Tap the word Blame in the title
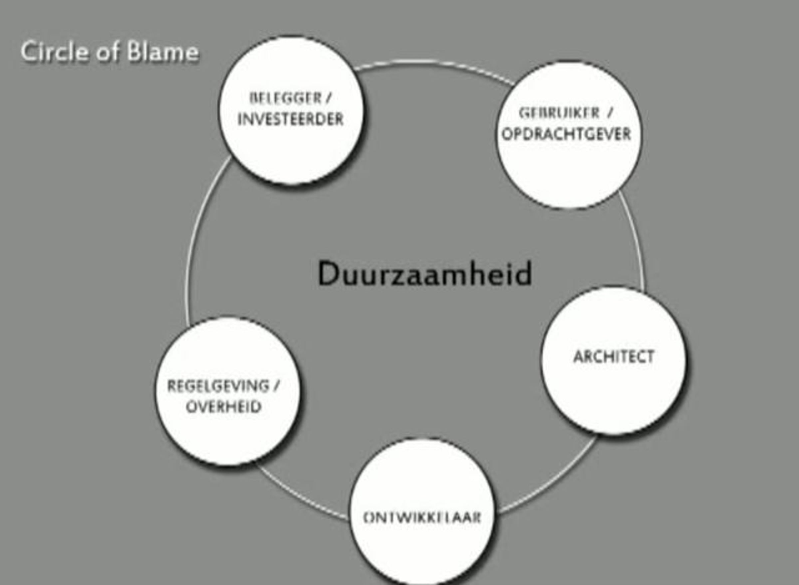pyautogui.click(x=163, y=52)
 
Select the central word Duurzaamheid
pyautogui.click(x=425, y=273)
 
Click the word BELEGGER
pyautogui.click(x=285, y=98)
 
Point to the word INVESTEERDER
pyautogui.click(x=290, y=119)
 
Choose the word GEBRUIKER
pyautogui.click(x=559, y=113)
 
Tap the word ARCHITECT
pyautogui.click(x=614, y=357)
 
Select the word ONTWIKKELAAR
pyautogui.click(x=422, y=518)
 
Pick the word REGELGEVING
pyautogui.click(x=218, y=386)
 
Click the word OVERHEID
pyautogui.click(x=224, y=407)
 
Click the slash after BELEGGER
pyautogui.click(x=328, y=98)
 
